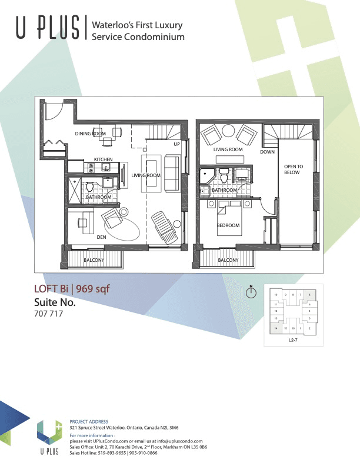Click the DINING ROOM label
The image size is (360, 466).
90,134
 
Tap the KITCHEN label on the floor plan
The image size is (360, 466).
104,159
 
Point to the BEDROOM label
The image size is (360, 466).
228,225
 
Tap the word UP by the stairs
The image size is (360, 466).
176,144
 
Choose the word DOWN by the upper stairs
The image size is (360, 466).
267,152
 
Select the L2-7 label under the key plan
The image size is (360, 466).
292,341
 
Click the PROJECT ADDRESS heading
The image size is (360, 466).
89,422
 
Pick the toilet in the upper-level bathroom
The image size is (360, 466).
224,177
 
